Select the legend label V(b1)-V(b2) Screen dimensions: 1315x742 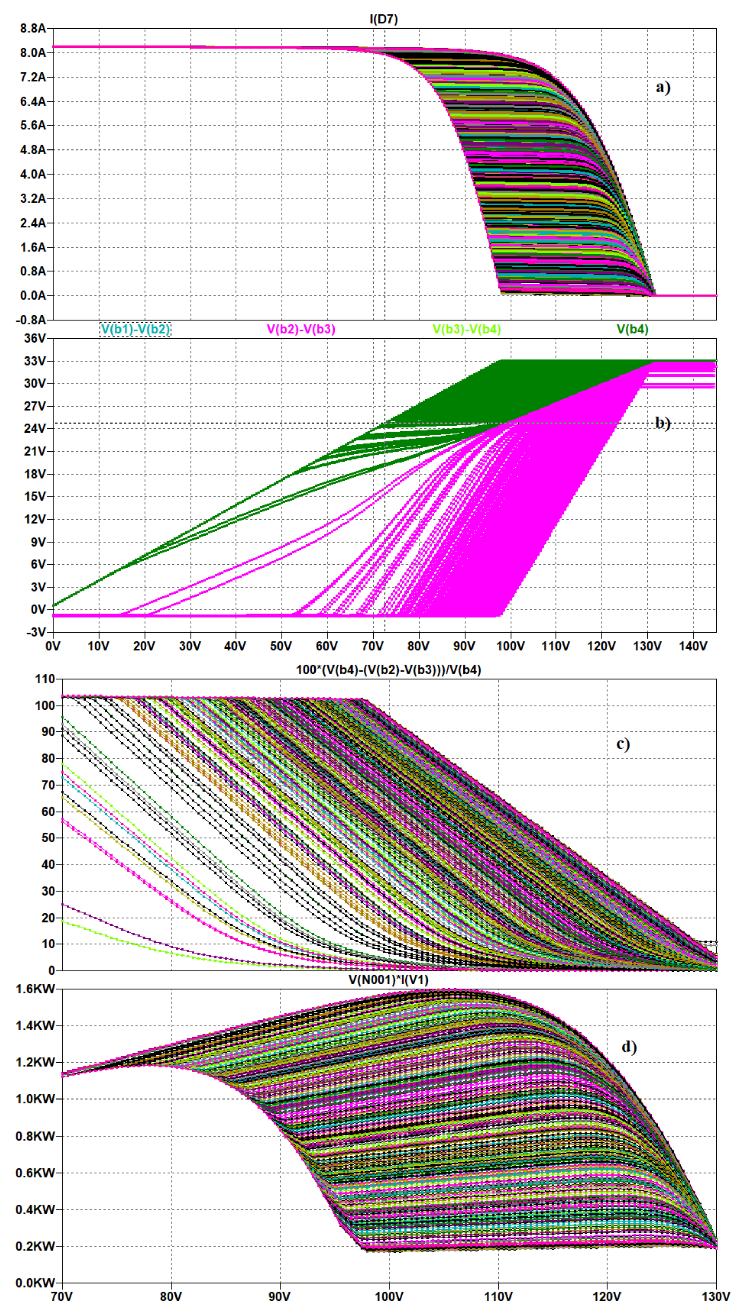[135, 329]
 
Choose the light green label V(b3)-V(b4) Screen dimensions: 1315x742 [467, 329]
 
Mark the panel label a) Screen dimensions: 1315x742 [663, 87]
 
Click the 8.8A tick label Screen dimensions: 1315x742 [33, 29]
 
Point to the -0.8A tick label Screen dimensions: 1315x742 [32, 320]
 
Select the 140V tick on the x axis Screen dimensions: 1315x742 [693, 646]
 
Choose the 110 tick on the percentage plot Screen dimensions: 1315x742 [45, 679]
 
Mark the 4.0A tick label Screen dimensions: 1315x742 [33, 174]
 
